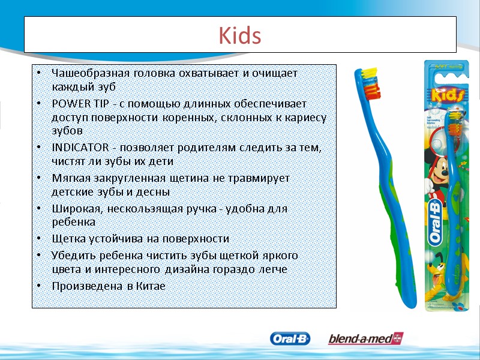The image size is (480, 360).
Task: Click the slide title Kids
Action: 240,36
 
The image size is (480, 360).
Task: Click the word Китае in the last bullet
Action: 151,286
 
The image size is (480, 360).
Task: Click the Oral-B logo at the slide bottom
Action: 290,339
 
